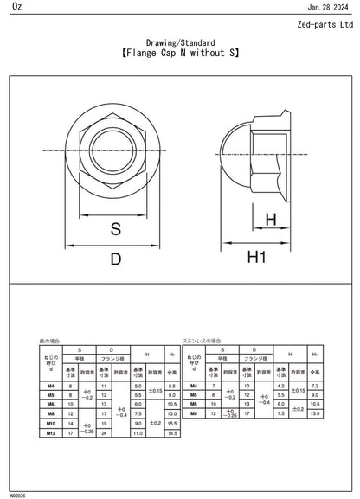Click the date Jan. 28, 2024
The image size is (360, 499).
[331, 7]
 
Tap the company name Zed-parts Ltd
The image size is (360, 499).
[325, 25]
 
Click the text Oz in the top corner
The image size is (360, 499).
[8, 7]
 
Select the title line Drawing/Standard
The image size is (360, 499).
[179, 42]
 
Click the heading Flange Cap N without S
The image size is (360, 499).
[179, 53]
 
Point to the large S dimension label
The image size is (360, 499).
[115, 229]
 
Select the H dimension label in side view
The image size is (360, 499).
[271, 221]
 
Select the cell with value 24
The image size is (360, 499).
[104, 433]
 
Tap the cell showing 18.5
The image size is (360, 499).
[172, 433]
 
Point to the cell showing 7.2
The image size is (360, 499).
[315, 386]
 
